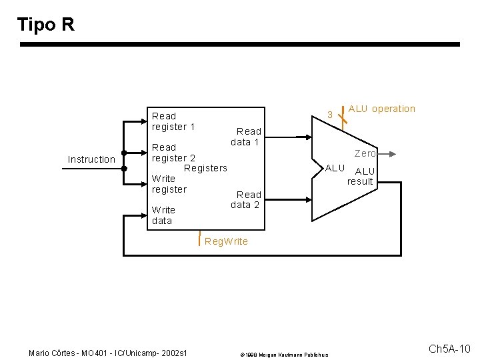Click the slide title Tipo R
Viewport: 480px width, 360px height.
click(x=45, y=25)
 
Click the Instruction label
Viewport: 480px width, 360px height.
click(x=91, y=159)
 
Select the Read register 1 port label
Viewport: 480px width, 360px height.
click(x=173, y=121)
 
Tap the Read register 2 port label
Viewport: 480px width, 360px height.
click(x=173, y=153)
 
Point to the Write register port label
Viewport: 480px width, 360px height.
click(x=169, y=184)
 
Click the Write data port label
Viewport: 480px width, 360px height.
click(x=163, y=215)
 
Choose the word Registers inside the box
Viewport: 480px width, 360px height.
click(x=205, y=168)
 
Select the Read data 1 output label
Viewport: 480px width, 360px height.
click(x=245, y=137)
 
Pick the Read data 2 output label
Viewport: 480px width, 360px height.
click(x=245, y=200)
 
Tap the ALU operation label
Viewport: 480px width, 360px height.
click(x=381, y=109)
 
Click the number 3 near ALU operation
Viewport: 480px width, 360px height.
click(x=329, y=115)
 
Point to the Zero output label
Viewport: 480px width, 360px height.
click(x=365, y=153)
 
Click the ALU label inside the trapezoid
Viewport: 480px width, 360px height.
click(x=335, y=168)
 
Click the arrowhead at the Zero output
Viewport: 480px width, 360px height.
click(x=393, y=153)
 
